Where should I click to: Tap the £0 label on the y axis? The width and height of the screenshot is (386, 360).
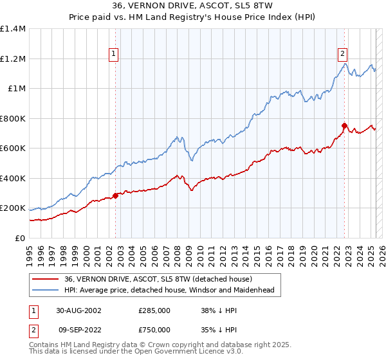click(x=21, y=238)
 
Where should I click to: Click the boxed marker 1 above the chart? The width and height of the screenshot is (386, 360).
click(x=113, y=55)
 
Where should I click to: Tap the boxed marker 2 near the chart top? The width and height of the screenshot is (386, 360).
click(x=343, y=55)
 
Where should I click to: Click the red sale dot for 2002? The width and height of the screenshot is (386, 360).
click(x=116, y=195)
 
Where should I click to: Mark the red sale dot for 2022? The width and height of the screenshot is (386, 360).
click(x=345, y=126)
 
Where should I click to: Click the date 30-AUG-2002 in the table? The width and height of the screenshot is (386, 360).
click(x=79, y=310)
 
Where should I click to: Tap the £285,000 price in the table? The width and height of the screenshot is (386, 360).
click(x=154, y=310)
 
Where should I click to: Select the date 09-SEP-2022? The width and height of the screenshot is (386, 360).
click(x=78, y=329)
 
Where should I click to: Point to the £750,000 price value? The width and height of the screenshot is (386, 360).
click(x=154, y=329)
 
